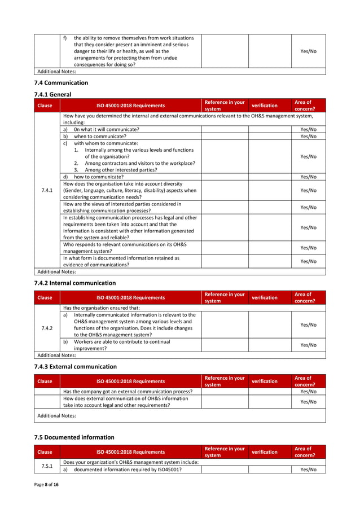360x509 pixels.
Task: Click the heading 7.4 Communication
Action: tap(62, 82)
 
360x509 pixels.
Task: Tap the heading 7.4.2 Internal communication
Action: tap(75, 283)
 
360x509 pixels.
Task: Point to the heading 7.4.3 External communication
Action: tap(76, 366)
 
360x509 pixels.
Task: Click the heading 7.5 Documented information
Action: tap(74, 437)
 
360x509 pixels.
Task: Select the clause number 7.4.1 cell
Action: tap(47, 190)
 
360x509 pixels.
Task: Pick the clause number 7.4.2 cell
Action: tap(47, 328)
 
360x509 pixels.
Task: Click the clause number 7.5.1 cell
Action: tap(47, 466)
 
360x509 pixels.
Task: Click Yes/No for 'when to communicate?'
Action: tap(308, 136)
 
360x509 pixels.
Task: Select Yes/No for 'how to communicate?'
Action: tap(308, 177)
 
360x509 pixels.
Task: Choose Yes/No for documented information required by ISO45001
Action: tap(308, 469)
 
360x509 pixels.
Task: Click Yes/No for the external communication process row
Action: tap(308, 391)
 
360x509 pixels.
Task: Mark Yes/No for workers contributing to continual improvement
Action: tap(308, 345)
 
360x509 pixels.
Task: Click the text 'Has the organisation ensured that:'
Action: tap(102, 308)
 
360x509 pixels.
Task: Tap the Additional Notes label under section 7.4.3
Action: tap(56, 415)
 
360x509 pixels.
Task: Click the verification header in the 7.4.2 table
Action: tap(265, 297)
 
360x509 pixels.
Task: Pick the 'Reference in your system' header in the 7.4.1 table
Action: tap(225, 106)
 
